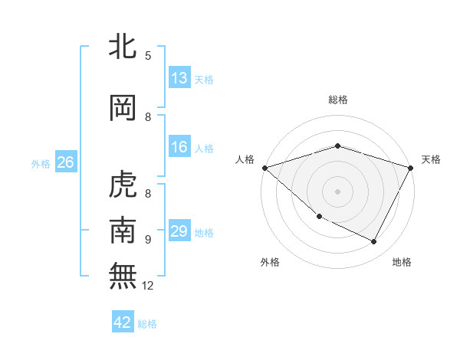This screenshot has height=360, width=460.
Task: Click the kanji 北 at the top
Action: click(x=123, y=47)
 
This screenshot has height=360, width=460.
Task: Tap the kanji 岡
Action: click(x=123, y=108)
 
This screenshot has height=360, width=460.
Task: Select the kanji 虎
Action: click(x=123, y=185)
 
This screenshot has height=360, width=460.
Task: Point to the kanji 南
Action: click(x=123, y=231)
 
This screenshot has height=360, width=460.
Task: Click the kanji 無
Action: click(x=123, y=277)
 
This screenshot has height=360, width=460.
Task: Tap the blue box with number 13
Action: click(x=179, y=78)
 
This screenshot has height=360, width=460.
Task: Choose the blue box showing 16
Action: click(x=179, y=147)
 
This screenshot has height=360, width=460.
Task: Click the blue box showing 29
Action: click(x=179, y=231)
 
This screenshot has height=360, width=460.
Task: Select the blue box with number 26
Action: click(x=65, y=162)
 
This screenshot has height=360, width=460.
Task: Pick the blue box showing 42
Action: click(x=123, y=322)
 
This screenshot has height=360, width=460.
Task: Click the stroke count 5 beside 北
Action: click(x=148, y=55)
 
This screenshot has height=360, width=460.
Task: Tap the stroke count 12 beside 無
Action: click(x=148, y=286)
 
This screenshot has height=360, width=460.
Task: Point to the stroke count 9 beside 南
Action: click(x=148, y=239)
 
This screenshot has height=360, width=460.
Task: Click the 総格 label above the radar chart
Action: click(x=338, y=100)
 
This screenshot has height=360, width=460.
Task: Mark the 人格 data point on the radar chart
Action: click(x=264, y=168)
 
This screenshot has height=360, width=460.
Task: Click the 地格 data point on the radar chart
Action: click(x=374, y=242)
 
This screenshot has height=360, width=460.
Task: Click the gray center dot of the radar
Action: click(x=338, y=191)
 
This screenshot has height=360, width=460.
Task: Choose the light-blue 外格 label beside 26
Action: click(x=41, y=163)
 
